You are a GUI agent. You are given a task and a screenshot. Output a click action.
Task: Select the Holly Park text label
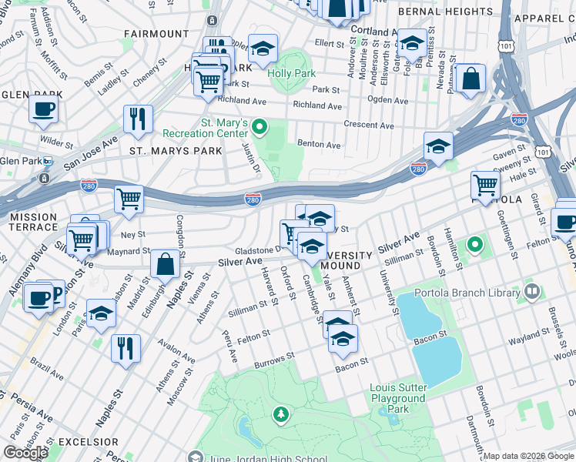click(x=292, y=73)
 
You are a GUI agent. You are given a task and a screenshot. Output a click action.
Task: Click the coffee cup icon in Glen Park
click(x=44, y=108)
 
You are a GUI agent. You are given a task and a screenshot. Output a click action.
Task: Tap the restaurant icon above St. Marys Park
click(x=138, y=119)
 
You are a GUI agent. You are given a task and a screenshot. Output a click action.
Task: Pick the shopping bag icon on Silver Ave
click(x=166, y=264)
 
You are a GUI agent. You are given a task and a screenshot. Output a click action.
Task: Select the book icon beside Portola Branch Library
click(x=531, y=291)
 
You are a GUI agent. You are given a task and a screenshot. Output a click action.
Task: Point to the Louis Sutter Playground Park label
click(x=397, y=398)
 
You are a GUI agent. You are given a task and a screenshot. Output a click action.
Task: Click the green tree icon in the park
click(x=281, y=415)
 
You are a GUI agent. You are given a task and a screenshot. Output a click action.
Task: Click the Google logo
click(x=25, y=453)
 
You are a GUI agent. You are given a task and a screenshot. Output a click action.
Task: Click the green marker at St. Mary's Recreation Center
click(x=261, y=127)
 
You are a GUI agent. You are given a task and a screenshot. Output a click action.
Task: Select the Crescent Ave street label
click(x=368, y=126)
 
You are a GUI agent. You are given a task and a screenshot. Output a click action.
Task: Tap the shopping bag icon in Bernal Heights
click(x=469, y=79)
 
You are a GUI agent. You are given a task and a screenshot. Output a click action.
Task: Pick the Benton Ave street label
click(x=319, y=144)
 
